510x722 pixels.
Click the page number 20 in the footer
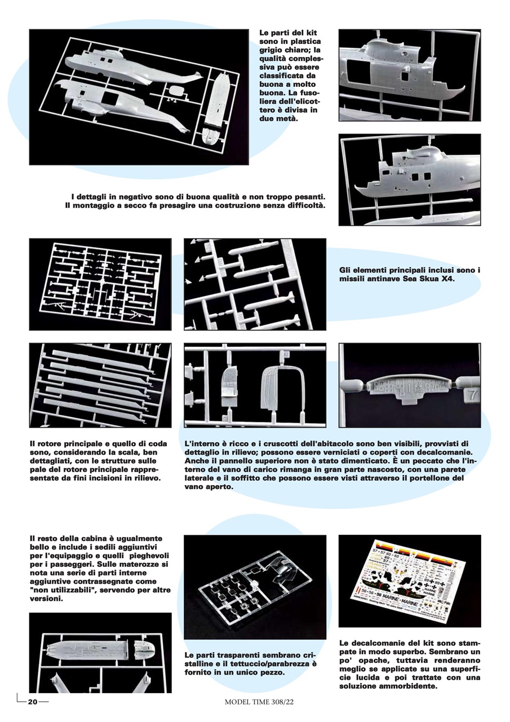[x=33, y=702]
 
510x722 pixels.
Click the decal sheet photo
[x=410, y=580]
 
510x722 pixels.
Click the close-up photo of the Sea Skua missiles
[x=255, y=284]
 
